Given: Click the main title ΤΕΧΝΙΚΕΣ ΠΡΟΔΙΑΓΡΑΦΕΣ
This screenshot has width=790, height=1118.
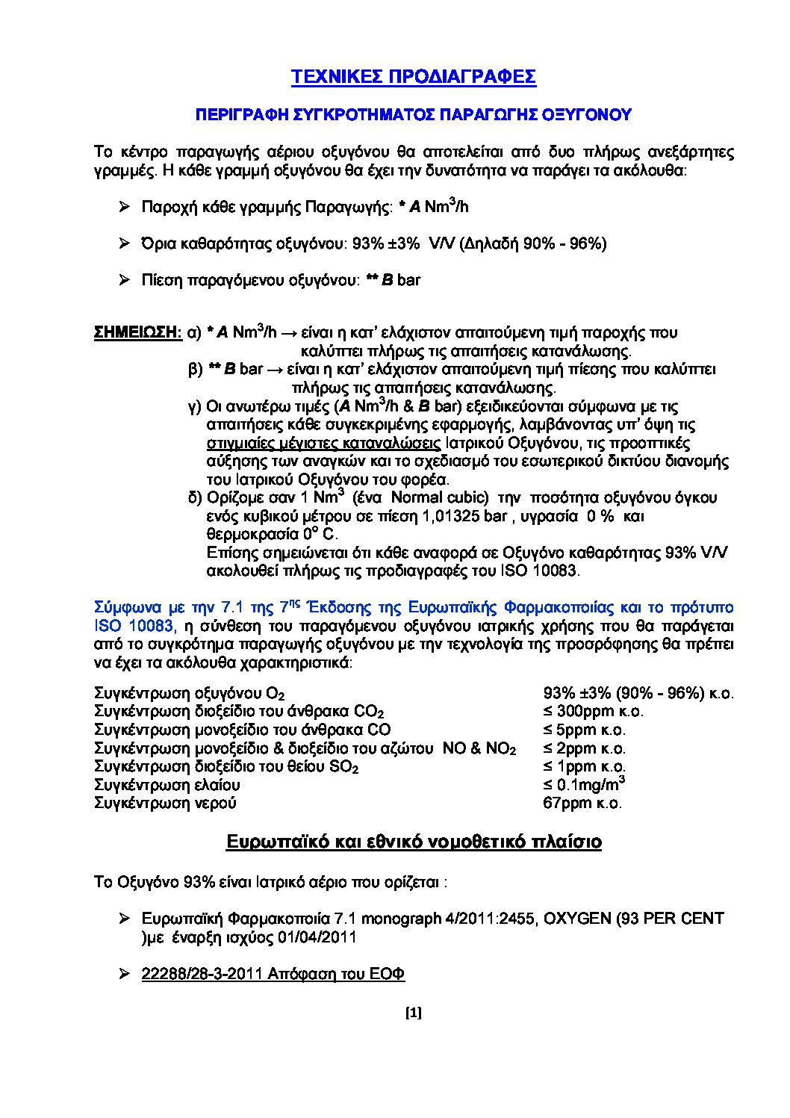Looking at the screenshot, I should tap(413, 78).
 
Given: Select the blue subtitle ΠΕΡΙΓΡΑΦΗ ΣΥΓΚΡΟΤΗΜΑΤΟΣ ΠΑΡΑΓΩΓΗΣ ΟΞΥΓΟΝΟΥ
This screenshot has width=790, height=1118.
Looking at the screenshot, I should tap(413, 115).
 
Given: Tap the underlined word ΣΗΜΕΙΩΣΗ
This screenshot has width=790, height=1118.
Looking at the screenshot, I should tap(137, 332).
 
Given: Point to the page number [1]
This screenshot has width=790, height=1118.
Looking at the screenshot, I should tap(413, 1013).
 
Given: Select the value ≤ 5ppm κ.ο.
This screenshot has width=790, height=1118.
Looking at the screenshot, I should tap(584, 730).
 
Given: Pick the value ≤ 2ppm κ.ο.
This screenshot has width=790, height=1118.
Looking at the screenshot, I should tap(584, 748).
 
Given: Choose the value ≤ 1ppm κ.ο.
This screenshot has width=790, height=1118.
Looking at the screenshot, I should tap(584, 766).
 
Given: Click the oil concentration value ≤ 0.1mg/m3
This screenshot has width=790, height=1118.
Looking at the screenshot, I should tap(583, 784).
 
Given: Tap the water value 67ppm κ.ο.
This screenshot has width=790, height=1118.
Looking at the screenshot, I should tap(582, 804).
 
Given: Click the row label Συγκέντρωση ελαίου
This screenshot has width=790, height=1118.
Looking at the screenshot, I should tap(167, 785).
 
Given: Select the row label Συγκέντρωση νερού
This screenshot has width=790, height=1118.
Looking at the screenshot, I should tap(165, 804).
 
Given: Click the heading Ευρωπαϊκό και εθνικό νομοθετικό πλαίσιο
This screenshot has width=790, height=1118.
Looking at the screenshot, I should tap(414, 842).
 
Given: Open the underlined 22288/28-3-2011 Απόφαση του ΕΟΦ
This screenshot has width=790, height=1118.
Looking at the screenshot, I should tap(273, 975).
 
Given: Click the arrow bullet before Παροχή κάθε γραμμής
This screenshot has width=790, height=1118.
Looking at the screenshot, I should tap(125, 207).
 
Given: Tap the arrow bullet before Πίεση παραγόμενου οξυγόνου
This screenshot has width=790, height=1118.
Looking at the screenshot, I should tap(125, 281).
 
